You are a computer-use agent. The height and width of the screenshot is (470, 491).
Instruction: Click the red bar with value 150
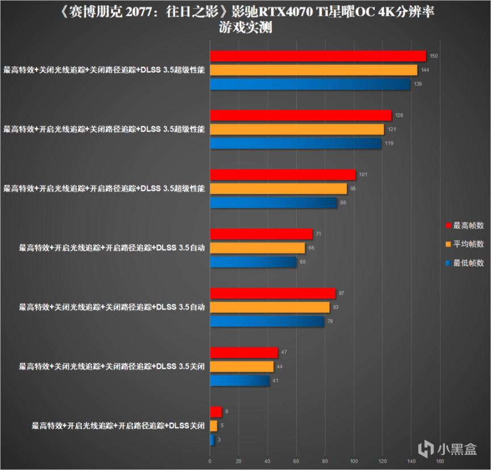pos(318,56)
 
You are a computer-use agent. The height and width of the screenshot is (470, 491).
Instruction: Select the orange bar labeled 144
pos(313,70)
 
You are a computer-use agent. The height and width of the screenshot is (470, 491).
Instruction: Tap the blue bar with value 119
pos(296,143)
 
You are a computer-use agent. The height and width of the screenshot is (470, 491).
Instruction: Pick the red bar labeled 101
pos(282,174)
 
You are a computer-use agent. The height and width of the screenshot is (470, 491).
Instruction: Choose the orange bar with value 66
pos(257,248)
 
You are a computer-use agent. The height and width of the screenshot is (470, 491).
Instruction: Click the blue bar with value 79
pos(267,322)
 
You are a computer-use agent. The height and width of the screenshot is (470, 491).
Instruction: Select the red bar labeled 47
pos(244,352)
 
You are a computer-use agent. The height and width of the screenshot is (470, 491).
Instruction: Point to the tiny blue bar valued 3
pos(212,440)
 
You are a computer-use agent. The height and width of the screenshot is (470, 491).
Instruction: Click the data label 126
pos(399,115)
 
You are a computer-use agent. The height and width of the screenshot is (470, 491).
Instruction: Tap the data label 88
pos(344,202)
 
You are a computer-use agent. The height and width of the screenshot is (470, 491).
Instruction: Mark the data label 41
pos(276,380)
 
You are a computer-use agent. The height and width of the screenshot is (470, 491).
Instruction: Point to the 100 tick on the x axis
pos(353,461)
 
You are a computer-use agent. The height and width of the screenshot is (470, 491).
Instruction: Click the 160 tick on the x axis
pos(439,461)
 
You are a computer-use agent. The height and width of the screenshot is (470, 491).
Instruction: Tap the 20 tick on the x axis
pos(239,461)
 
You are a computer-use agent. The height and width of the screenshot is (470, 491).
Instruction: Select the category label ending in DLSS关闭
pos(118,426)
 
